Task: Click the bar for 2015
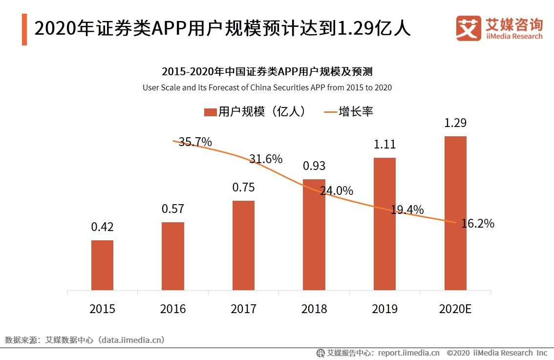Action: coord(102,265)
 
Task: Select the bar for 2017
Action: coord(243,245)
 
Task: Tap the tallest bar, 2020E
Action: coord(455,213)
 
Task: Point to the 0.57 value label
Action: coord(173,209)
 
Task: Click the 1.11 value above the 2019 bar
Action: coord(384,145)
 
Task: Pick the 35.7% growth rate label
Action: coord(195,142)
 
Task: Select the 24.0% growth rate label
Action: coord(336,191)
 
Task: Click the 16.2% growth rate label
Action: coord(477,224)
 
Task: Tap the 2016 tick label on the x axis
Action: coord(173,309)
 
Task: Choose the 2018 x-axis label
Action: coord(314,309)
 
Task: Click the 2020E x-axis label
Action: coord(455,309)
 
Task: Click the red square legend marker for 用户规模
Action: coord(210,112)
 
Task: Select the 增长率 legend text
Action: coord(356,111)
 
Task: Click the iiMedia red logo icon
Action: coord(469,28)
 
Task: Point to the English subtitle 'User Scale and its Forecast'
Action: coord(267,88)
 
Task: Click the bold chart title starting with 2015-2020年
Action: coord(267,72)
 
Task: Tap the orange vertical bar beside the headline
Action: coord(24,29)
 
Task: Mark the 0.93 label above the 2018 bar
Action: coord(314,166)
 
